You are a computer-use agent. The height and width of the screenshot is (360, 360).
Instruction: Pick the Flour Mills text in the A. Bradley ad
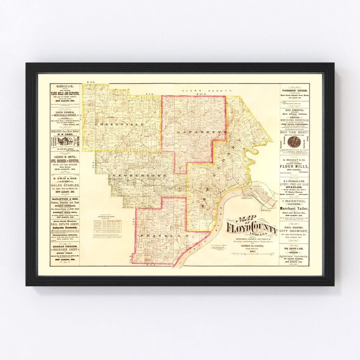pyautogui.click(x=294, y=165)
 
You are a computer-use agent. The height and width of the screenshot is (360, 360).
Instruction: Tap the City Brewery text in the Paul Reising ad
pyautogui.click(x=294, y=231)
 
